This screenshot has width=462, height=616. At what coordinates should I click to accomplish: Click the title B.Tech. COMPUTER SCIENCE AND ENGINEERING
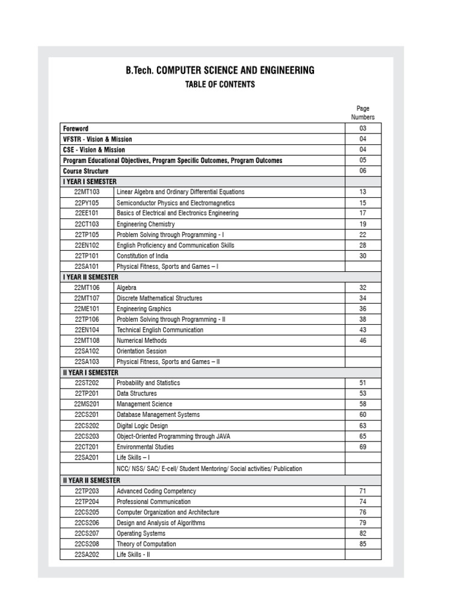click(220, 70)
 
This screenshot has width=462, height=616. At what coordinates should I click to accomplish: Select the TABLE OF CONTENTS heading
click(220, 85)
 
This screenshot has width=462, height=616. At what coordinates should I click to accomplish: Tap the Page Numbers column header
click(363, 113)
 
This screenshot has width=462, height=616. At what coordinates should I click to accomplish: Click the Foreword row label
click(76, 129)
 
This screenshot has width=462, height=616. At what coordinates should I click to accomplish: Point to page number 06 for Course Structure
click(363, 171)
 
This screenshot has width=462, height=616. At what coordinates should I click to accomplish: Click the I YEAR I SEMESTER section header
click(90, 182)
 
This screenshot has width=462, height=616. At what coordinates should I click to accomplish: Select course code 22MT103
click(87, 192)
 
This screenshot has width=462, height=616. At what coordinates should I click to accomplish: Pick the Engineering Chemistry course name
click(146, 224)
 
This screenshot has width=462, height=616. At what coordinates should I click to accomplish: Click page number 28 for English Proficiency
click(363, 245)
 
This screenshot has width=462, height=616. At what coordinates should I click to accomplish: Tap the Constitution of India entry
click(143, 256)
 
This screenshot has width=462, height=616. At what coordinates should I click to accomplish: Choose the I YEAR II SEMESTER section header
click(91, 277)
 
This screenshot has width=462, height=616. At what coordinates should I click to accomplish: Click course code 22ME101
click(87, 309)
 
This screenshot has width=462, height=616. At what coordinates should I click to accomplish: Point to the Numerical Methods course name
click(142, 340)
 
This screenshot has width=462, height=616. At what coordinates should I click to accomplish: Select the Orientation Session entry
click(141, 351)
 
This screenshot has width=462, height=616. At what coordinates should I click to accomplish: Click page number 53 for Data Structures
click(363, 393)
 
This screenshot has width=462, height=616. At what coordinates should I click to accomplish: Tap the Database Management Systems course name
click(158, 415)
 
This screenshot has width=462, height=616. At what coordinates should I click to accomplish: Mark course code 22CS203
click(87, 436)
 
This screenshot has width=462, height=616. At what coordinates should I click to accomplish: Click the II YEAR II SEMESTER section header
click(92, 481)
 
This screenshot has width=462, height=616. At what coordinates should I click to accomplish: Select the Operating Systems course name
click(141, 534)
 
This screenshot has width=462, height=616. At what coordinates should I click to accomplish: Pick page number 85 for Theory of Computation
click(363, 544)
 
